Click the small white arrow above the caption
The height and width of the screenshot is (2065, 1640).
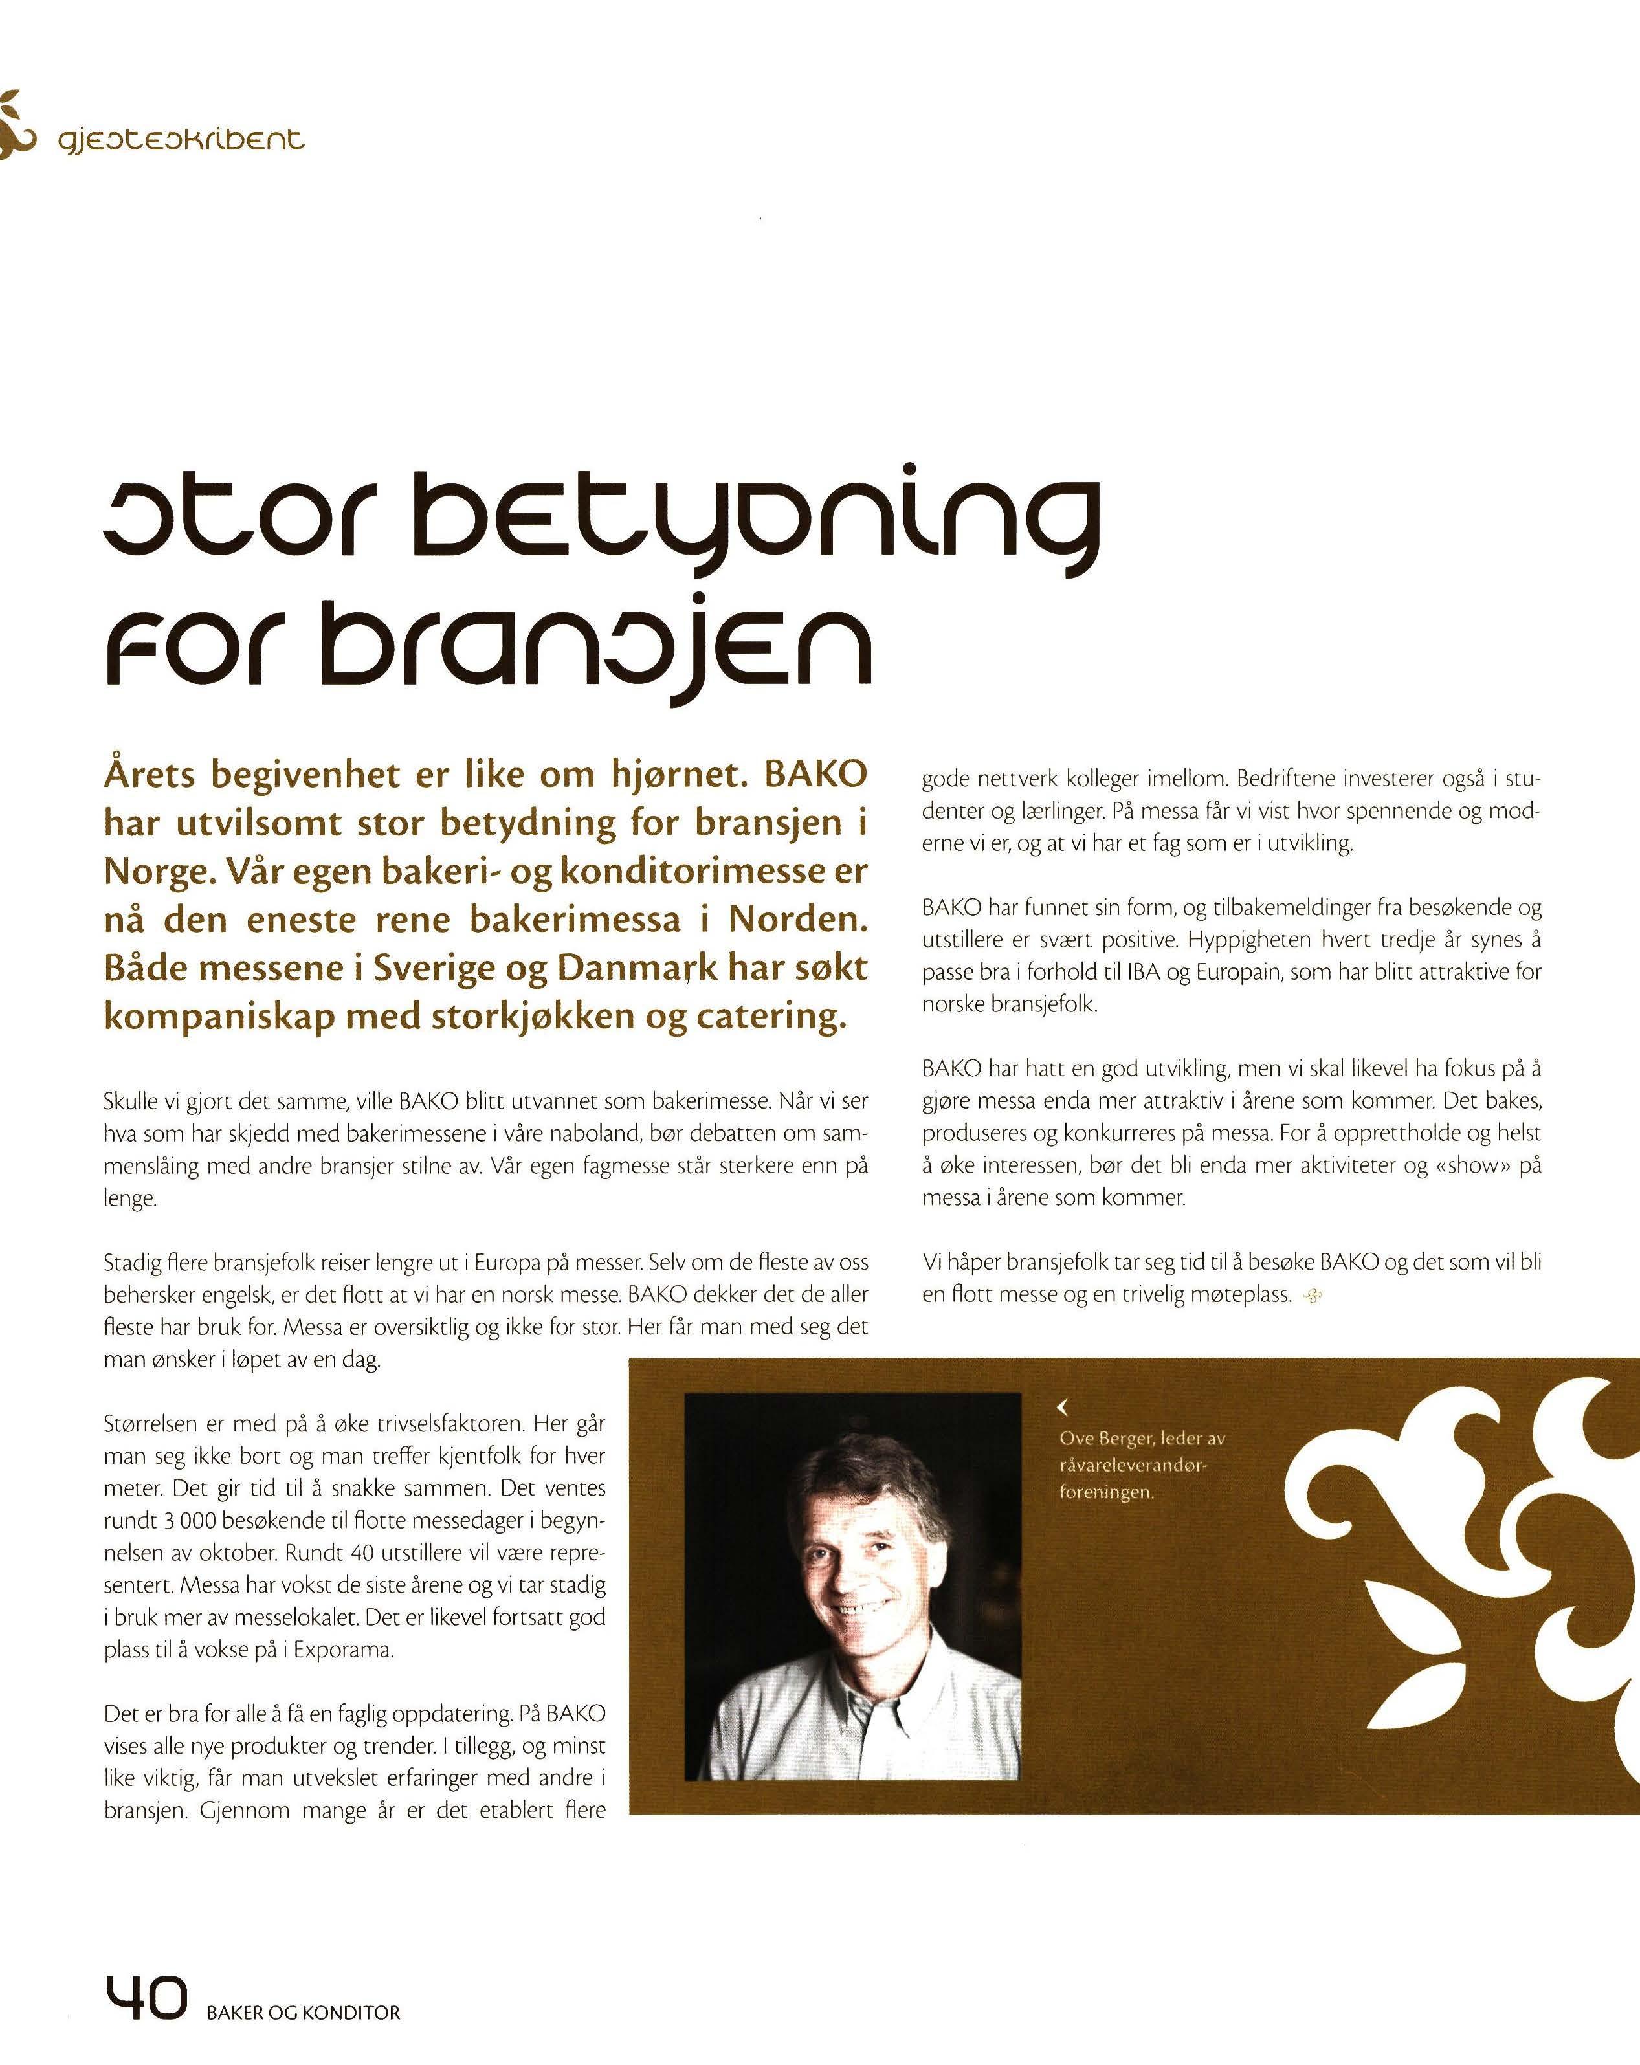click(1061, 1407)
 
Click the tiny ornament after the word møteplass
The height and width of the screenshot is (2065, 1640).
click(1313, 1297)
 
